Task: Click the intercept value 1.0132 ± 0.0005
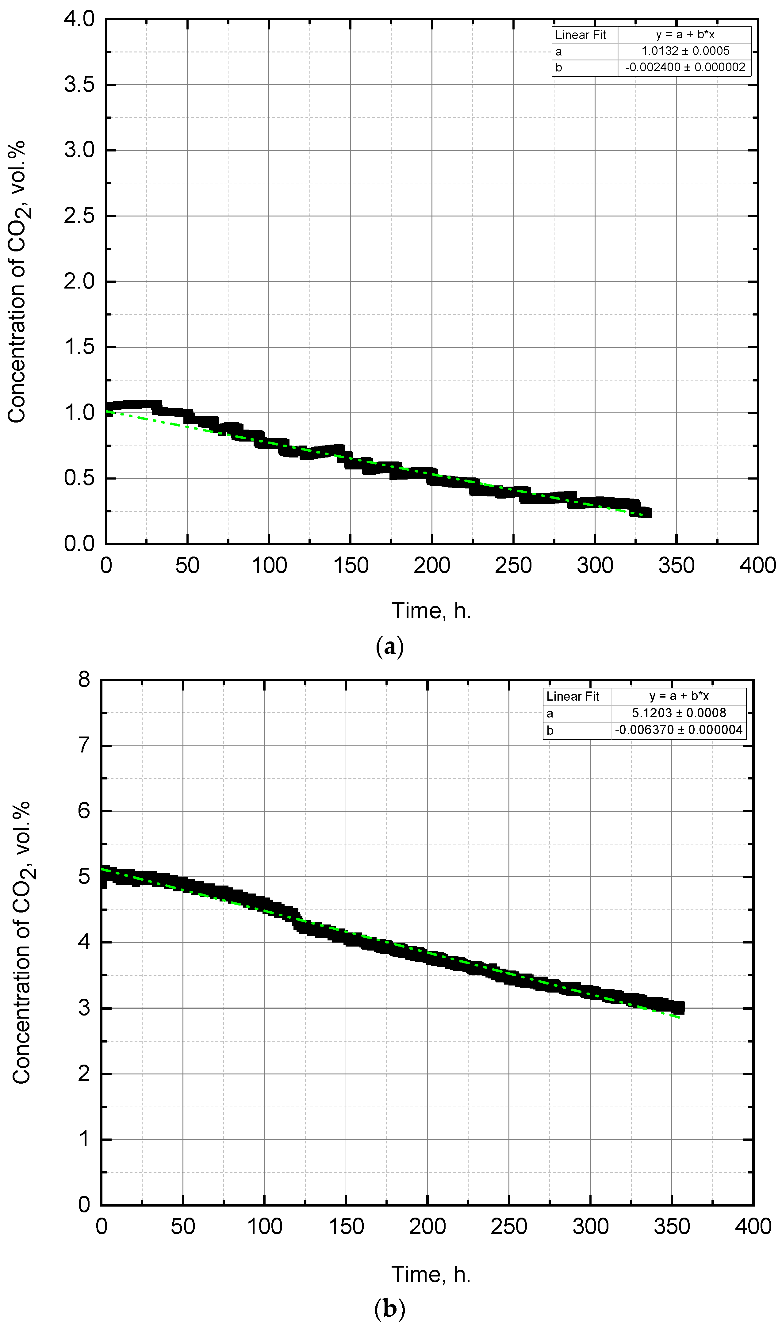click(685, 51)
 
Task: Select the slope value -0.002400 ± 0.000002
click(685, 67)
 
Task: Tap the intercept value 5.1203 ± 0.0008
click(679, 713)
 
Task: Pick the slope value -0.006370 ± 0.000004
click(679, 730)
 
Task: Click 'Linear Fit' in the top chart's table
click(581, 35)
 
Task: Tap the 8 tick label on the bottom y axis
click(84, 680)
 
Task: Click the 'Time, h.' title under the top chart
click(431, 611)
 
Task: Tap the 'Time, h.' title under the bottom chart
click(431, 1274)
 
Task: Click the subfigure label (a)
click(390, 646)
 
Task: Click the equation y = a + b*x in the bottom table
click(679, 696)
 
